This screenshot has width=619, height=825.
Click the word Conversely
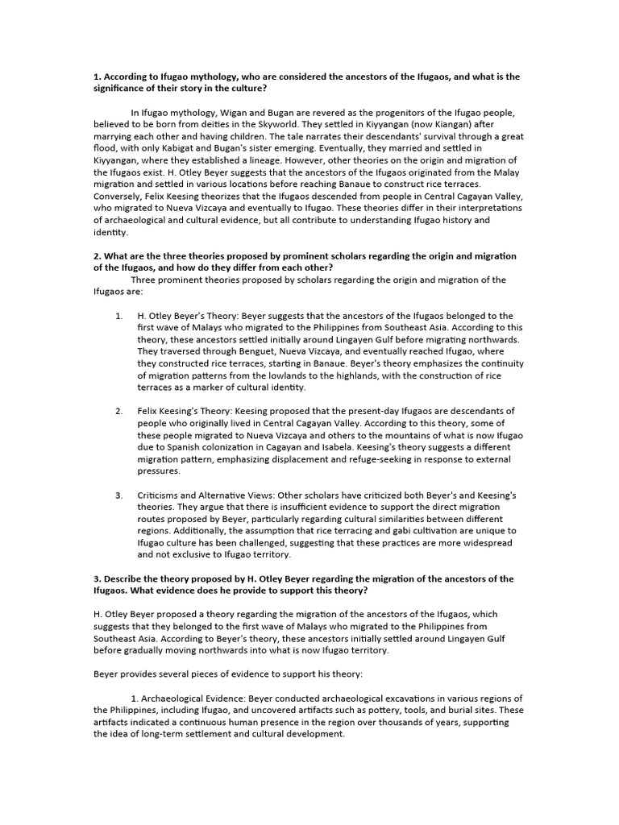coord(120,195)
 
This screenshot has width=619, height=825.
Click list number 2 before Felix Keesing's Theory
coord(118,411)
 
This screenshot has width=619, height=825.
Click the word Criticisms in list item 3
coord(164,494)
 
